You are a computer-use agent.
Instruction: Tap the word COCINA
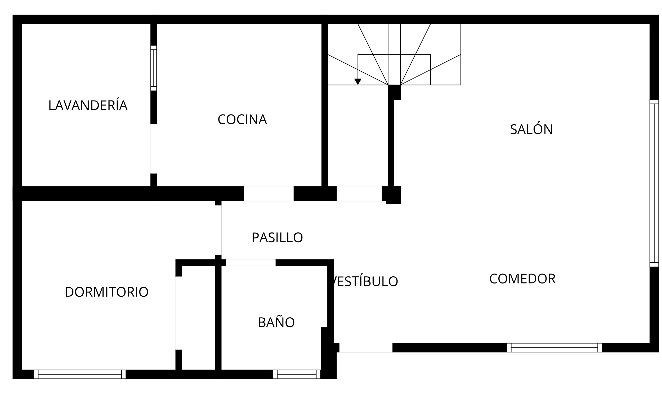(x=242, y=120)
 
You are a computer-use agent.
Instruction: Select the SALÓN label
(x=531, y=129)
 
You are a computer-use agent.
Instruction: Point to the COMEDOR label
(x=522, y=279)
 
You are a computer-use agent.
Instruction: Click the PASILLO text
(x=277, y=238)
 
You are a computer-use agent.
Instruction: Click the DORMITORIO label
(x=107, y=292)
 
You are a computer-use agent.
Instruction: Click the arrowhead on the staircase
(x=358, y=81)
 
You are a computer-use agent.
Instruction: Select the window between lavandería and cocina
(x=154, y=68)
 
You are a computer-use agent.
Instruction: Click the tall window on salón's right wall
(x=654, y=183)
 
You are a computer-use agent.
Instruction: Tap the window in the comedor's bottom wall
(x=554, y=347)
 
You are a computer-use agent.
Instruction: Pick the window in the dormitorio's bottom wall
(x=80, y=374)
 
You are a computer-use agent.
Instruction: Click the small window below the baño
(x=297, y=374)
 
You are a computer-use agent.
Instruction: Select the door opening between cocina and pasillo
(x=269, y=194)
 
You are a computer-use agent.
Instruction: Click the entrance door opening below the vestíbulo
(x=366, y=347)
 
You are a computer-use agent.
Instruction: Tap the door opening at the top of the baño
(x=251, y=263)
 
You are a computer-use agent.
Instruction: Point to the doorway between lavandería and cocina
(x=154, y=149)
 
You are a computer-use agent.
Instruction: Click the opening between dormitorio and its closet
(x=178, y=313)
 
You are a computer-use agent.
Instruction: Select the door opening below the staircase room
(x=359, y=194)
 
